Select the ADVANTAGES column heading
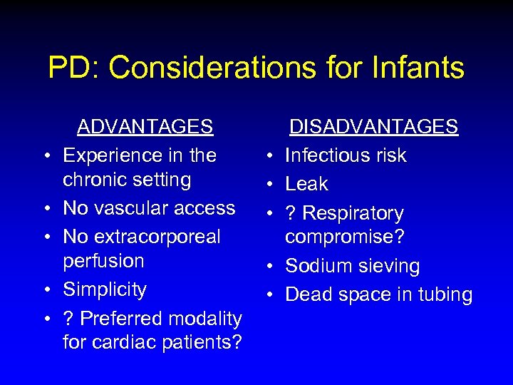[x=145, y=127]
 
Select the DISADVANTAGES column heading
[x=373, y=127]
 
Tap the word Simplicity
[x=105, y=289]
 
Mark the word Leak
[x=306, y=184]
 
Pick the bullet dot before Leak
[x=271, y=185]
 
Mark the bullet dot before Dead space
[x=271, y=296]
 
